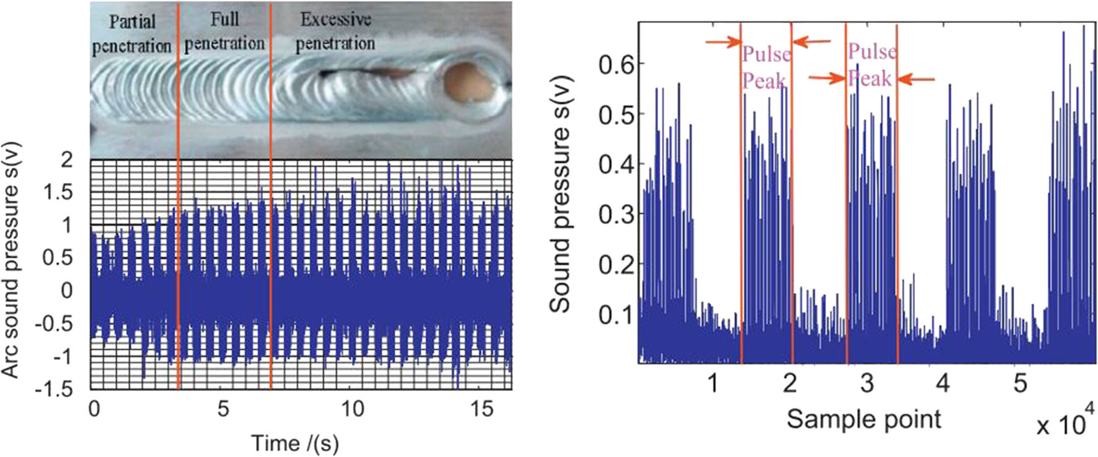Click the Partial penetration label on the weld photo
pyautogui.click(x=131, y=33)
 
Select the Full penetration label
pyautogui.click(x=225, y=32)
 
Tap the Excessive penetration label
pyautogui.click(x=335, y=32)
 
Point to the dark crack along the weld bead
pyautogui.click(x=365, y=74)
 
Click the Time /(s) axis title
pyautogui.click(x=294, y=443)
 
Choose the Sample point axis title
pyautogui.click(x=864, y=419)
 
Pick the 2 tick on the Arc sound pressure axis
pyautogui.click(x=66, y=160)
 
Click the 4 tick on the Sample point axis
pyautogui.click(x=943, y=383)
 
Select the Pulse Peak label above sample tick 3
pyautogui.click(x=871, y=65)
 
